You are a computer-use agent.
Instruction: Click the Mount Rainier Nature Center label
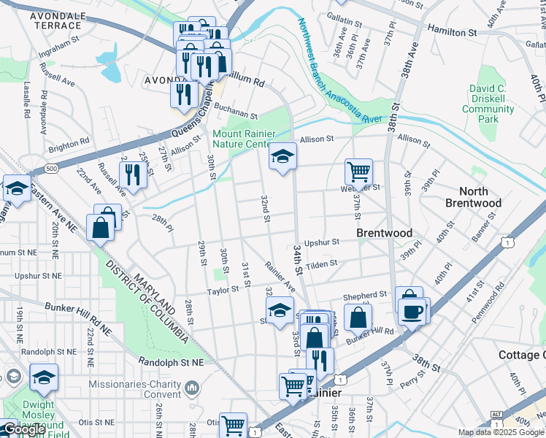point(242,139)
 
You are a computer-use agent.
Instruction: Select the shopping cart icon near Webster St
point(358,172)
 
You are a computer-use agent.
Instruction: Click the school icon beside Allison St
point(282,156)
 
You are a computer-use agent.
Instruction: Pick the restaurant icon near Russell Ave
point(132,174)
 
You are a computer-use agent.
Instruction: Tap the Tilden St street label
point(321,264)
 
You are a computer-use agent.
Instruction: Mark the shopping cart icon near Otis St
point(234,424)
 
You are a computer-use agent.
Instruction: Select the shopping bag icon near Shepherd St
point(358,317)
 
